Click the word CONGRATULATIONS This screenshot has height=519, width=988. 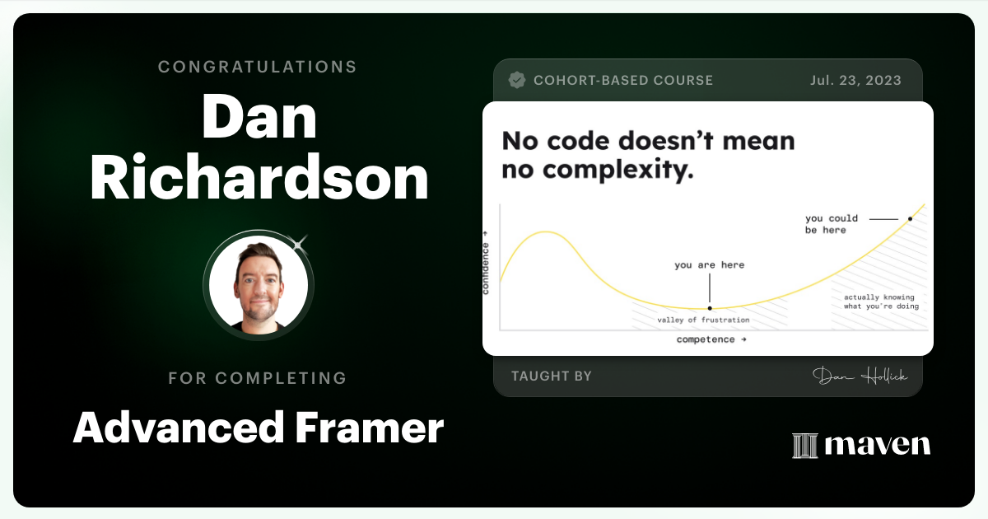(258, 67)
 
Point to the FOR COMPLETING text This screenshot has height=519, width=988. (258, 378)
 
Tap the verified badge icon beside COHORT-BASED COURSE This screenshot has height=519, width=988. (517, 80)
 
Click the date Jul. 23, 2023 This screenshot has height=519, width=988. (855, 80)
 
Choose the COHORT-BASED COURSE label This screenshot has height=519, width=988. (623, 80)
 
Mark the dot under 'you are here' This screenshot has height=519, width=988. (710, 308)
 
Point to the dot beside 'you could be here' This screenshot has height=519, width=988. (910, 219)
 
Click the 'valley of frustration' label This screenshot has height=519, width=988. (703, 320)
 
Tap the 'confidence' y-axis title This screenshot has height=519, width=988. (486, 269)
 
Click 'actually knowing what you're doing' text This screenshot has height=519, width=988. (878, 302)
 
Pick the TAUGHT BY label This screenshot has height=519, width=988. (552, 376)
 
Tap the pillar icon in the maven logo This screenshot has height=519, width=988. (804, 445)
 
